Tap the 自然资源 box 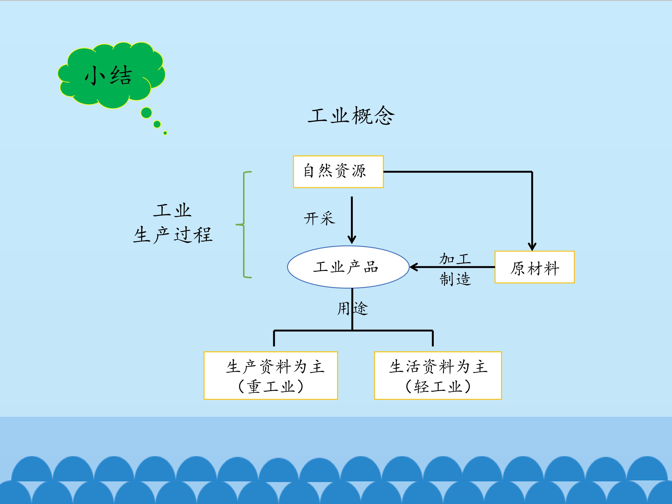[338, 172]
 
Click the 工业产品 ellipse [348, 267]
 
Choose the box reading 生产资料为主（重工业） [271, 375]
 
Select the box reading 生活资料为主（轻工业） [438, 375]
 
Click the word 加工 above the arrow [455, 259]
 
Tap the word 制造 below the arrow [455, 279]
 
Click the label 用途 [352, 309]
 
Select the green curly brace [244, 225]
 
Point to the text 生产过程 [173, 235]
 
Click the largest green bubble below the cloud [147, 113]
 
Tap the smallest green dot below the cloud [165, 133]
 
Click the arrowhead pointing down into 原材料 [532, 246]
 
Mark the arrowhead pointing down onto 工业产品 [352, 239]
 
